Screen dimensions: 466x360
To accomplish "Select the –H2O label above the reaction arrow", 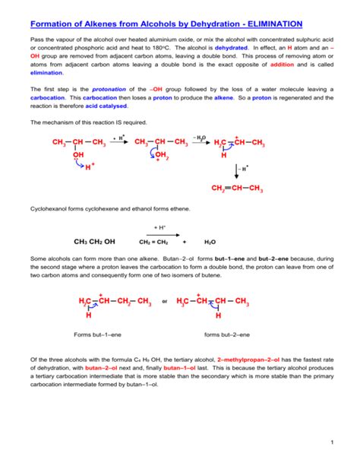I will coord(200,137).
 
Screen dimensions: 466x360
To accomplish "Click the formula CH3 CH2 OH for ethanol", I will coord(94,243).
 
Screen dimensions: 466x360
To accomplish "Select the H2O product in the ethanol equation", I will coord(210,243).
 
